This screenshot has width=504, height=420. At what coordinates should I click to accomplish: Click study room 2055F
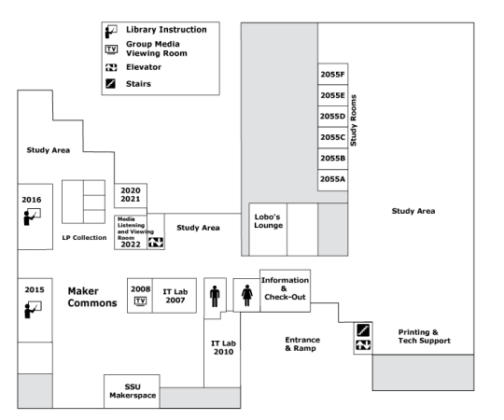point(332,75)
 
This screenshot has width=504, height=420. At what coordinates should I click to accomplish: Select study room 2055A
point(332,180)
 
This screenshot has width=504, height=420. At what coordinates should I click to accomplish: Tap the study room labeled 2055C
point(332,137)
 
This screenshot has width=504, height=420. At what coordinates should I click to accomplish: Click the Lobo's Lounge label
point(269,221)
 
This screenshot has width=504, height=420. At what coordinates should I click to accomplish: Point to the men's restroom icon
point(215,296)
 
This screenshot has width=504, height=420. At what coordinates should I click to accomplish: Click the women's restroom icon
point(246,295)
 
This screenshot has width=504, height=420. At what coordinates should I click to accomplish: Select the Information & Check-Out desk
point(285,291)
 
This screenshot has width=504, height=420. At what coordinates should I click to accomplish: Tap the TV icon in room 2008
point(140,301)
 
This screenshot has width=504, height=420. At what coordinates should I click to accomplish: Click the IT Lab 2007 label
point(175,296)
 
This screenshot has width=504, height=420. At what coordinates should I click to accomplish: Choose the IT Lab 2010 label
point(223,348)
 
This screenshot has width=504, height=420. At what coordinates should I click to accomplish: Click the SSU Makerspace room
point(132,391)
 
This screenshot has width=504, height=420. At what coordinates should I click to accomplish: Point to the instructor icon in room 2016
point(32,217)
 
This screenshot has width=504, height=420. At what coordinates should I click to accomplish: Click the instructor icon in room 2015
point(33,310)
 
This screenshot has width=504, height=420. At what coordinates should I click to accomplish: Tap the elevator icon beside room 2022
point(156,243)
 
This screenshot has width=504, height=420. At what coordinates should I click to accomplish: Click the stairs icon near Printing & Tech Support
point(363,330)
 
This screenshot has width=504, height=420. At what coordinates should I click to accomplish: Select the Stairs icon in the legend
point(110,84)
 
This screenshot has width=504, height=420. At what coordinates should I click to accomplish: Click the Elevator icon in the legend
point(111,67)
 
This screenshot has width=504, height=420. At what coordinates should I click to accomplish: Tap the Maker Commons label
point(92,297)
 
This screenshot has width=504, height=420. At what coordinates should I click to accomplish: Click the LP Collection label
point(84,238)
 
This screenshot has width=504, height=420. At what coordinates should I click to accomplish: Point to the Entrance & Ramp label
point(302,344)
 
